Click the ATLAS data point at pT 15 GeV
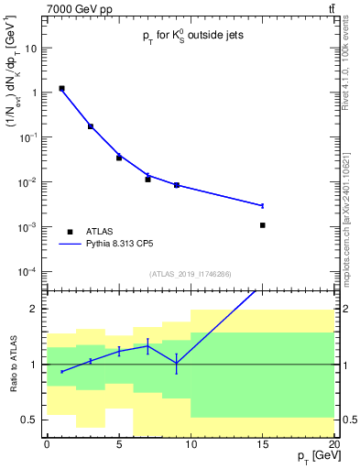point(262,224)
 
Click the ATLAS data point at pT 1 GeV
point(61,89)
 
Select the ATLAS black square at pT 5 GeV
point(119,158)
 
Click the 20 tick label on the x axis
point(333,443)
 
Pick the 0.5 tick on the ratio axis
point(34,420)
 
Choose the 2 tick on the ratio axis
point(38,309)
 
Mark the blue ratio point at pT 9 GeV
point(176,363)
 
